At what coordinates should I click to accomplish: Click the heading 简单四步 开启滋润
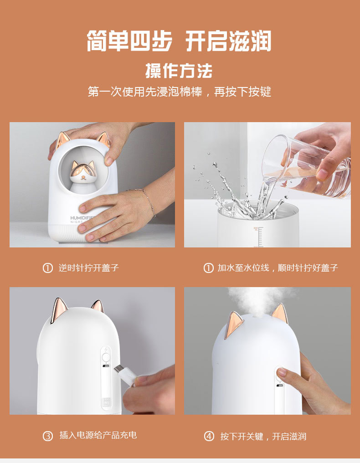click(x=179, y=41)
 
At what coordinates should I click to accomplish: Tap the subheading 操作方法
click(x=179, y=71)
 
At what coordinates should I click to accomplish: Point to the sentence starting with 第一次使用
click(x=179, y=92)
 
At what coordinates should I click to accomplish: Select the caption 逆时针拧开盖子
click(x=88, y=268)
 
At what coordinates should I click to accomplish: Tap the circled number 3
click(x=48, y=436)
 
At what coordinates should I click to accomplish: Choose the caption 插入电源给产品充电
click(x=98, y=436)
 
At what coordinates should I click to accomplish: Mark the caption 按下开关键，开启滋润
click(x=263, y=437)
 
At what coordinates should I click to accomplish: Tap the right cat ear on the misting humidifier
click(x=279, y=314)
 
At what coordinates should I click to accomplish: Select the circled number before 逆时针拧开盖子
click(x=48, y=268)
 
